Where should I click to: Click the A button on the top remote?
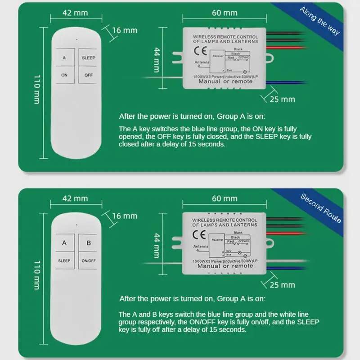(64, 58)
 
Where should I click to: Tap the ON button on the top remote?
(64, 75)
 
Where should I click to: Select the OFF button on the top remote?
(88, 75)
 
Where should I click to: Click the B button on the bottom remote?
(89, 243)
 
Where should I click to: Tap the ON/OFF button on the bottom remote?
(89, 261)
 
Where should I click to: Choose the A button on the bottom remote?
(64, 243)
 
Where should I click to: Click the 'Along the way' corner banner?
(320, 23)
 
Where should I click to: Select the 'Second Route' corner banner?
(320, 208)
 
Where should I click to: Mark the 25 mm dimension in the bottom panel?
(282, 284)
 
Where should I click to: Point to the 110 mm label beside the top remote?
(36, 90)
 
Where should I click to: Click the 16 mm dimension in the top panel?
(124, 30)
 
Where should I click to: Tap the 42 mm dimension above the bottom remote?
(75, 198)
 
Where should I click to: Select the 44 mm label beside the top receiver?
(156, 59)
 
